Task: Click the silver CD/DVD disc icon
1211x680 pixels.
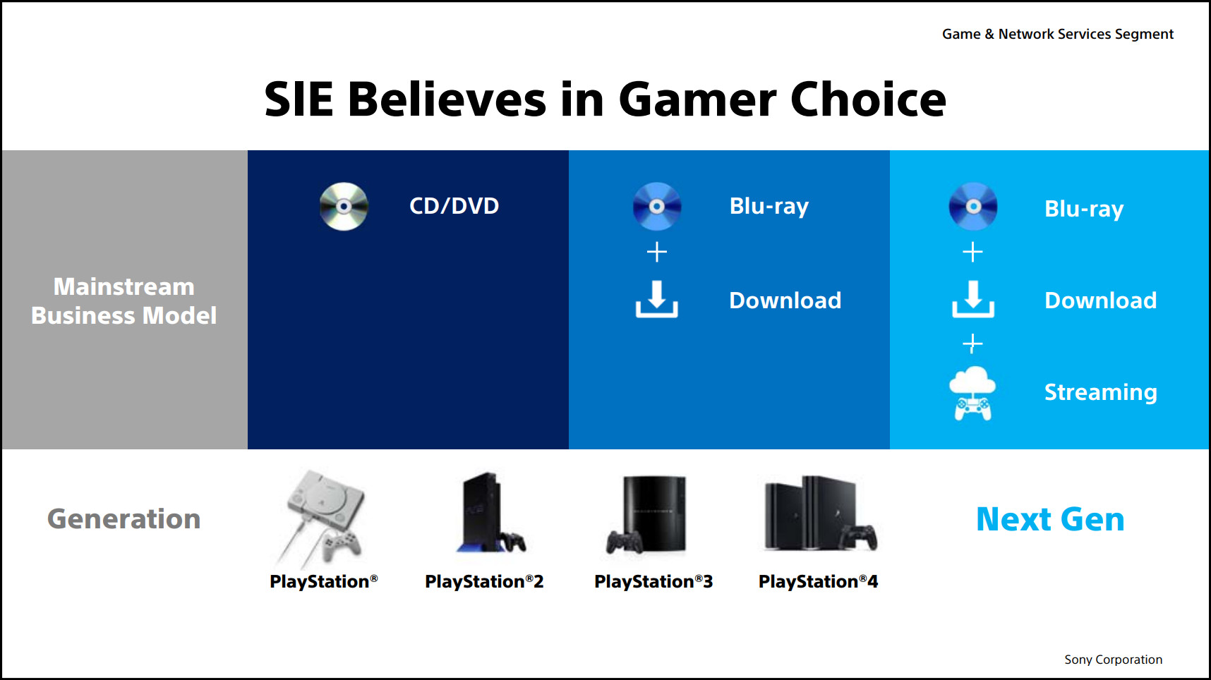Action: click(x=344, y=207)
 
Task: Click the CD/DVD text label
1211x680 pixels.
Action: click(x=454, y=206)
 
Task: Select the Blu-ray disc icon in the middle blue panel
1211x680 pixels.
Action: click(x=657, y=207)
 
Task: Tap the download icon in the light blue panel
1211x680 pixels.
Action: click(x=973, y=299)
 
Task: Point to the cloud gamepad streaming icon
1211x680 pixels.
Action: click(x=972, y=393)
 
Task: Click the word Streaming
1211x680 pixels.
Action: click(x=1101, y=392)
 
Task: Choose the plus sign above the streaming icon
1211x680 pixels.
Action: click(x=972, y=344)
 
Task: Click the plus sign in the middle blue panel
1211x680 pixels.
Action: click(x=657, y=252)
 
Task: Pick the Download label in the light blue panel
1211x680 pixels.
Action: click(x=1101, y=300)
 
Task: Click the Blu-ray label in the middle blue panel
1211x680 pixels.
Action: click(x=769, y=206)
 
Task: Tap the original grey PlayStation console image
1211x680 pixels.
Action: click(x=323, y=518)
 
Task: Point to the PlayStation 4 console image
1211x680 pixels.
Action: click(x=821, y=514)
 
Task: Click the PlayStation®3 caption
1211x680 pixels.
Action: click(x=653, y=581)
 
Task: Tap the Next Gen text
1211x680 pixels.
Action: click(x=1050, y=519)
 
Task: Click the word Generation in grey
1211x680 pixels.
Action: click(x=124, y=519)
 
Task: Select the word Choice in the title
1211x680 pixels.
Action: click(x=868, y=99)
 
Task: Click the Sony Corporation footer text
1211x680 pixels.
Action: click(x=1113, y=660)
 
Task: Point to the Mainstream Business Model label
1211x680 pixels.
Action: click(x=124, y=301)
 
